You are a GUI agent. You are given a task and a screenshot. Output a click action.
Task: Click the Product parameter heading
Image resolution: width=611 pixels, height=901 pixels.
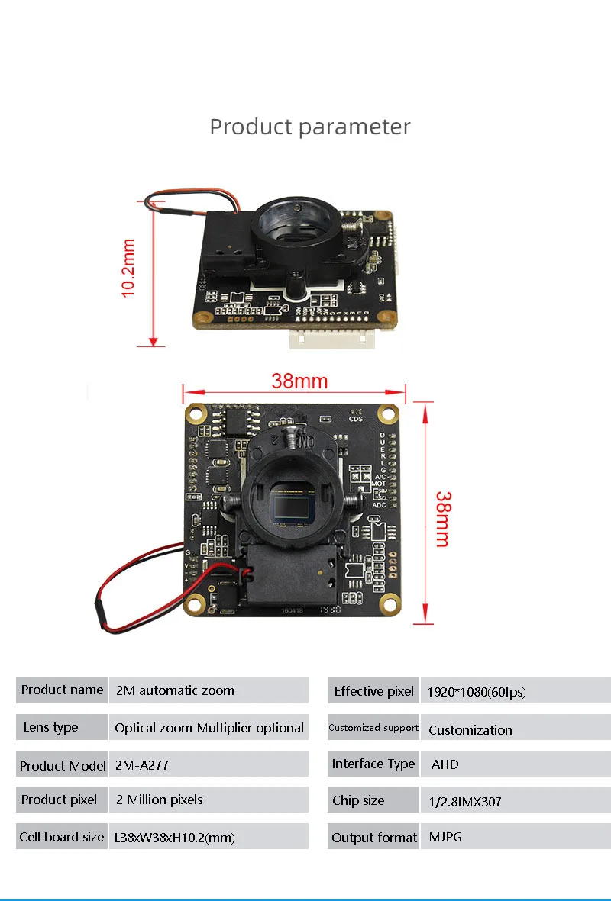coord(310,127)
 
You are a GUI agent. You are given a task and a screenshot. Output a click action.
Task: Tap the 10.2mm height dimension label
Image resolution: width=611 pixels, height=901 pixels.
coord(128,268)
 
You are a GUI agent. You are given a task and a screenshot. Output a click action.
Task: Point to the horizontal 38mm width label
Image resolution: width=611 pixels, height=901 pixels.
coord(299,381)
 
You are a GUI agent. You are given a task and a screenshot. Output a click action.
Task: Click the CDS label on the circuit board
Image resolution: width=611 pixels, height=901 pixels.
coord(356,418)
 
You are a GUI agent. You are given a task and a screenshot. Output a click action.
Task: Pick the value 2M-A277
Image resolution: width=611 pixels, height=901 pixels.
coord(142,764)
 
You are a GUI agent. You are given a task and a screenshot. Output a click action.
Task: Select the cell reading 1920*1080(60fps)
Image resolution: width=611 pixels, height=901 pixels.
coord(477,692)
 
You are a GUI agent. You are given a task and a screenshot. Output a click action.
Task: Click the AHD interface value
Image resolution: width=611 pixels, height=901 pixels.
coord(445,764)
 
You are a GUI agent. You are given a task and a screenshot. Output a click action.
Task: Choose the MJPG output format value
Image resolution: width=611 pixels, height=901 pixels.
coord(445,837)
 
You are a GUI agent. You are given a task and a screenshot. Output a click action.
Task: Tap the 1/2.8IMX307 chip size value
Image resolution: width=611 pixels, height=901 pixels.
coord(464,801)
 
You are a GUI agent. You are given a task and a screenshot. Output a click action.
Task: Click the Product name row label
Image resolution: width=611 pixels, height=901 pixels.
coord(62,690)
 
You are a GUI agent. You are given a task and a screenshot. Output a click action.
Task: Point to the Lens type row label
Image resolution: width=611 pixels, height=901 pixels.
coord(51,727)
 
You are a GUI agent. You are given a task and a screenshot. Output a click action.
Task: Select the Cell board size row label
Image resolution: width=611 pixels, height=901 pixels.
coord(62,837)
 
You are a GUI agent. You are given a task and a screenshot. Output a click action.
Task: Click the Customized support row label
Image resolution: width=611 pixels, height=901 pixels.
coord(373,727)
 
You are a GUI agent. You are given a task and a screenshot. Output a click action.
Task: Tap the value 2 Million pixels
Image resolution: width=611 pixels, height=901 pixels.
coord(160,800)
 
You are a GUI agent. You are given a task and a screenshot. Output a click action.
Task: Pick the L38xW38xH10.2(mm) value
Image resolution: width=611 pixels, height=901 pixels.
coord(175,837)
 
